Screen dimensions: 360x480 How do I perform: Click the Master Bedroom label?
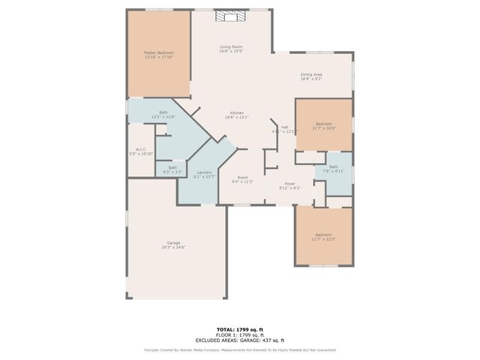tap(158, 55)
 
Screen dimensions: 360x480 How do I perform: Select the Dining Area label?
tap(311, 76)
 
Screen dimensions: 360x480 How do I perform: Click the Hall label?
tap(284, 129)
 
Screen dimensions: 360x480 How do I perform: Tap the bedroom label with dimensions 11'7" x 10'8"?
tap(324, 125)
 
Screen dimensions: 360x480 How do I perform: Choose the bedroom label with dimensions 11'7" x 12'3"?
tap(323, 237)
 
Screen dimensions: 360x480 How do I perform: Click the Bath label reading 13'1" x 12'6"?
tap(163, 115)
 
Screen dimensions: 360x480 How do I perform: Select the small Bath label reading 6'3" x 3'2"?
tap(172, 169)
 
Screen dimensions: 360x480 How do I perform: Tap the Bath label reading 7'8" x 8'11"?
tap(333, 169)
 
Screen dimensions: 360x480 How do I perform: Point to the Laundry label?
tap(204, 174)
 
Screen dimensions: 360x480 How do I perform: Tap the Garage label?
tap(173, 244)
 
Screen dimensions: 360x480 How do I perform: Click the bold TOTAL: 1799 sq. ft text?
tap(240, 329)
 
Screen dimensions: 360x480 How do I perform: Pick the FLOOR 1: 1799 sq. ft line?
tap(240, 334)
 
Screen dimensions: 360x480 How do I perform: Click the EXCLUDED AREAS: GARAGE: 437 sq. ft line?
tap(240, 340)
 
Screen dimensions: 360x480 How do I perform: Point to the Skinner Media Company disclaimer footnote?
tap(240, 349)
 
